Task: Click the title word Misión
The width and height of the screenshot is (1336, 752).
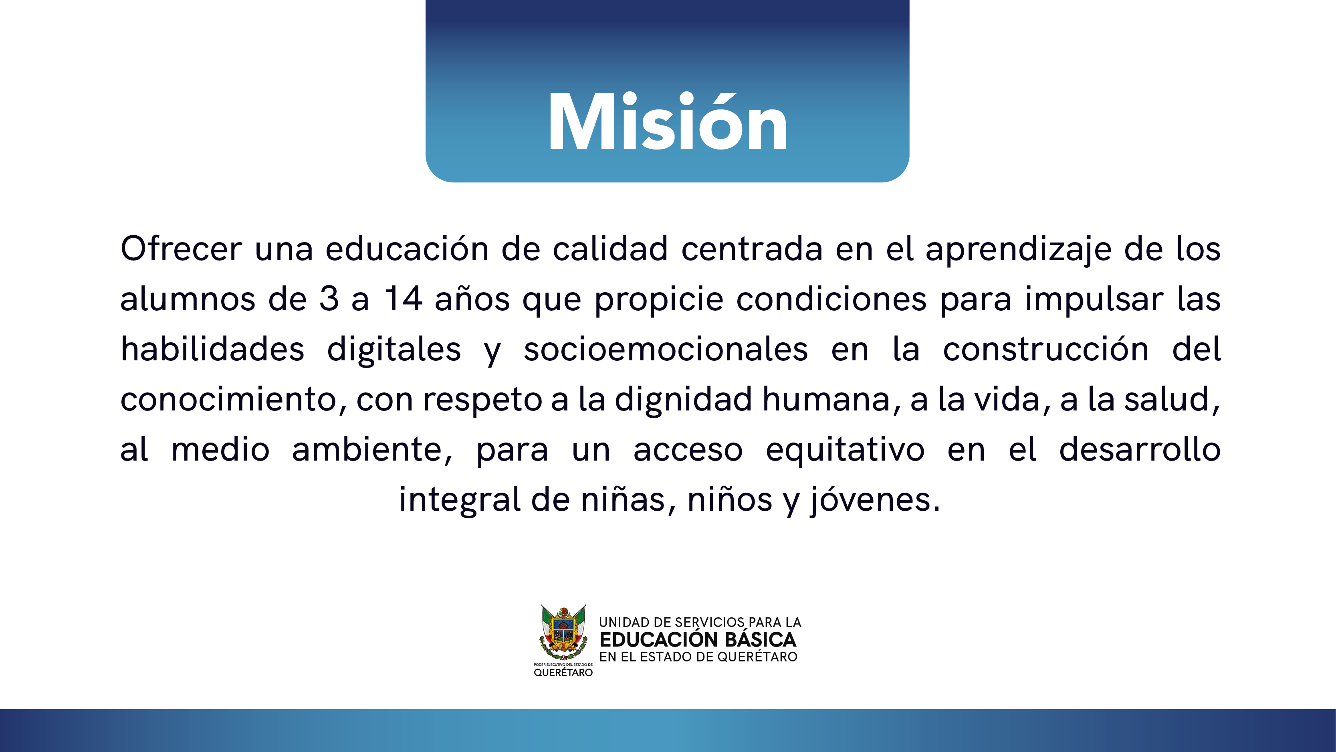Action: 668,121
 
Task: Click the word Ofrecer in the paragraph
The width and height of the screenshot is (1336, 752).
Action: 182,249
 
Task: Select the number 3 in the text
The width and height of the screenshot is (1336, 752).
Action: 329,299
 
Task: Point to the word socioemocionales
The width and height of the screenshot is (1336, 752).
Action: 666,349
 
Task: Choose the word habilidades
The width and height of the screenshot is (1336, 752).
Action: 212,349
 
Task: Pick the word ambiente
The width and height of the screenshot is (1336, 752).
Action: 372,449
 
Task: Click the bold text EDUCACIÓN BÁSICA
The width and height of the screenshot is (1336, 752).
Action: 698,639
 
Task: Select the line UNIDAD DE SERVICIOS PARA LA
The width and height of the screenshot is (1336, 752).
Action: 700,622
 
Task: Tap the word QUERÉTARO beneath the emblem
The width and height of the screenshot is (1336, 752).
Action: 563,673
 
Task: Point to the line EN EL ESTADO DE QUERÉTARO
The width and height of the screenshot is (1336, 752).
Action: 698,657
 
